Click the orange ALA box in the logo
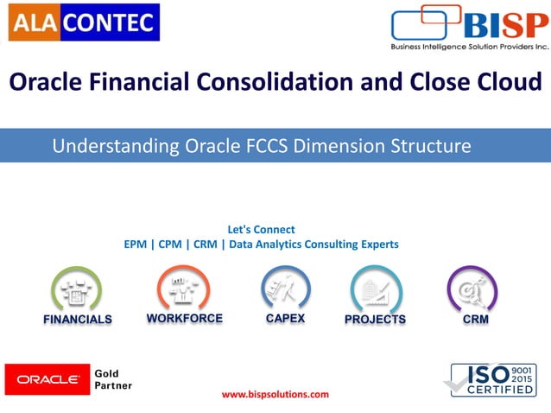tap(33, 22)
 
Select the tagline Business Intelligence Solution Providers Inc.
tap(470, 47)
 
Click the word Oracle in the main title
tap(53, 83)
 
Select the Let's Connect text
tap(261, 230)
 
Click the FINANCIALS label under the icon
tap(78, 320)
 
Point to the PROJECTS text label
tap(375, 320)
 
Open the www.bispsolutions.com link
tap(275, 395)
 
